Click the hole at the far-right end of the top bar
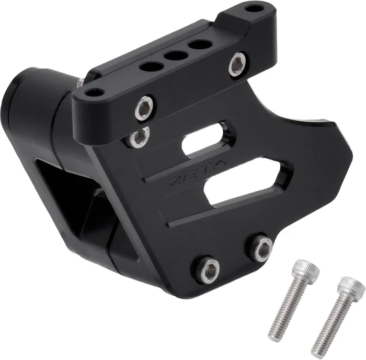point(254,8)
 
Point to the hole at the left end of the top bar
point(95,92)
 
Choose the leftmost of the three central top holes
point(151,66)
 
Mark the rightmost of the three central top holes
point(200,44)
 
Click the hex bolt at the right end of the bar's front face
point(237,64)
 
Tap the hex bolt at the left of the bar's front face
point(144,108)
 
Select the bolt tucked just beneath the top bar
point(139,137)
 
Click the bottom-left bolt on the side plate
point(208,270)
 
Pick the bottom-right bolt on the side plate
point(261,247)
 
